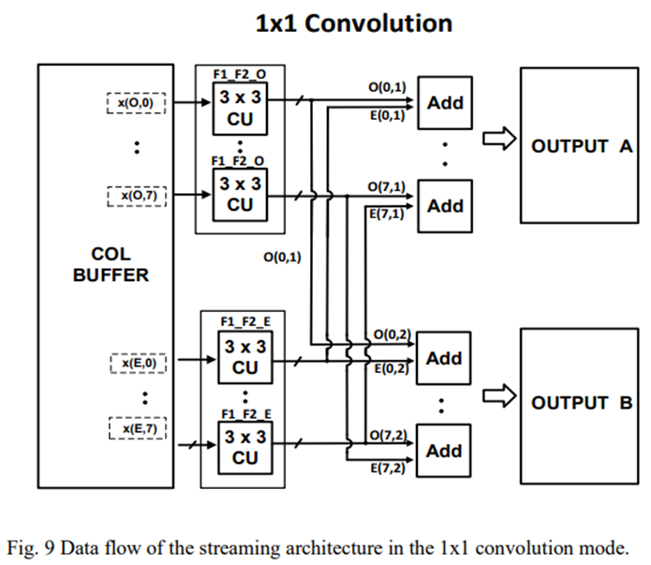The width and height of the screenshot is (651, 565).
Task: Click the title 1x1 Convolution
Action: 353,23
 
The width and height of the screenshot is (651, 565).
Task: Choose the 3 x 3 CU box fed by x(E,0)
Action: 244,358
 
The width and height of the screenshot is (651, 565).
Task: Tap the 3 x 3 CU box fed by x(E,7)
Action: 244,447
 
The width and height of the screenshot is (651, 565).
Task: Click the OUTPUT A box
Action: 579,145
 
